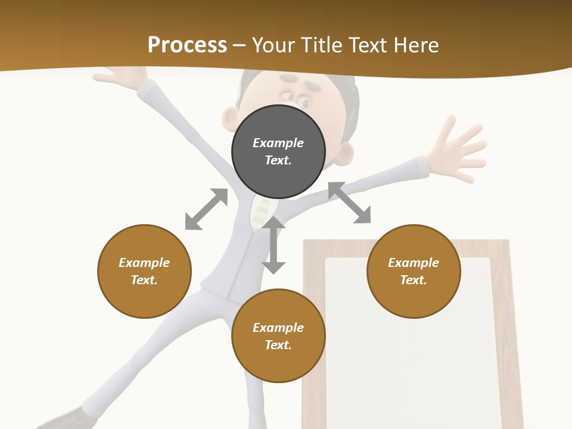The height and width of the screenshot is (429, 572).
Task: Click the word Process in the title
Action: pos(187,45)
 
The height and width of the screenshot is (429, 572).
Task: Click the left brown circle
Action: pos(144,271)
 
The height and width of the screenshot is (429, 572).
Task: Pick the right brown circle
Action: pos(414,271)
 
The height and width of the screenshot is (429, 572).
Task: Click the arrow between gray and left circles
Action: pos(206,209)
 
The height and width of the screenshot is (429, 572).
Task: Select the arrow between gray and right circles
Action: pos(349,203)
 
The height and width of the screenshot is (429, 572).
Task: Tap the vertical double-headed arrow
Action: pos(273,245)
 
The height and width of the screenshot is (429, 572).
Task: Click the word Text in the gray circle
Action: pos(278,160)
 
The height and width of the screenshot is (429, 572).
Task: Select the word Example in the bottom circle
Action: pos(278,328)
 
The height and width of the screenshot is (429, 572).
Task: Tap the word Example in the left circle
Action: pos(144,263)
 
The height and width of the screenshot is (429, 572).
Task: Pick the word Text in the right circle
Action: pos(414,280)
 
